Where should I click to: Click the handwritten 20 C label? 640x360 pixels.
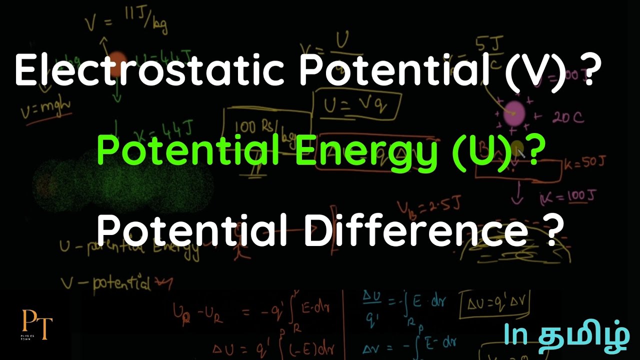tap(567, 118)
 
